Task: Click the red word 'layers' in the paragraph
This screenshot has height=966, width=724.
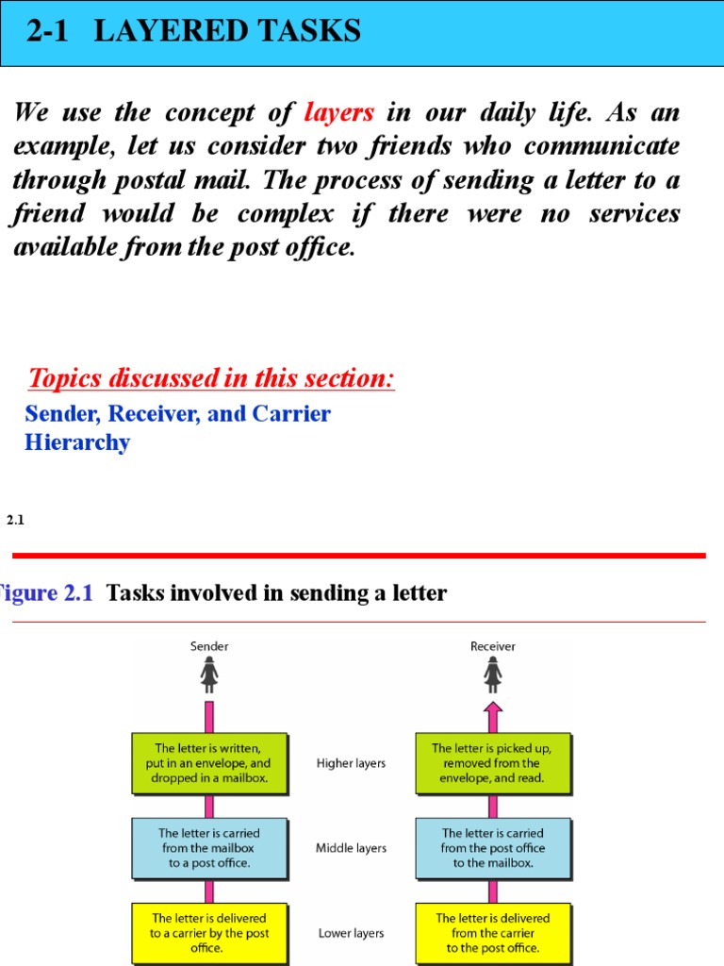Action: point(339,113)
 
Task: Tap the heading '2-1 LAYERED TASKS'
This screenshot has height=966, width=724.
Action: point(193,32)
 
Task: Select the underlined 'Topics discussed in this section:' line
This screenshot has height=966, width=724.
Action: point(211,379)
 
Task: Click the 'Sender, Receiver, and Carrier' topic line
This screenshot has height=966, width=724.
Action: point(177,414)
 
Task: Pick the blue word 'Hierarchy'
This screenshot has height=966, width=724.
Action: point(77,442)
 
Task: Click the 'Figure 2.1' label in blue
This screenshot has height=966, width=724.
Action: point(47,593)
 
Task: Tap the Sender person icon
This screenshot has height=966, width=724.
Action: point(209,675)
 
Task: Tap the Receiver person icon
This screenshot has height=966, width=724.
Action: point(492,675)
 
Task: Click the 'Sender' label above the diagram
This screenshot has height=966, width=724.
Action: point(209,646)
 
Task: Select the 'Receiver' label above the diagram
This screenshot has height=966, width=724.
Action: point(492,646)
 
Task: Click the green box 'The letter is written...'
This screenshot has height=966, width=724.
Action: point(208,763)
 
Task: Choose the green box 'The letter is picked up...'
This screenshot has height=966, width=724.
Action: point(492,763)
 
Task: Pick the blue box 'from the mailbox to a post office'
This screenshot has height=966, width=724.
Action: point(208,848)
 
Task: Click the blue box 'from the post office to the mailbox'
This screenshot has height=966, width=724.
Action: point(492,848)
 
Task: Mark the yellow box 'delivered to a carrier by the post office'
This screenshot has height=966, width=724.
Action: point(208,933)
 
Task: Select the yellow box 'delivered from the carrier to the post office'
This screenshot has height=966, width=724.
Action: point(492,933)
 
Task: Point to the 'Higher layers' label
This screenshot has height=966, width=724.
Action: point(351,763)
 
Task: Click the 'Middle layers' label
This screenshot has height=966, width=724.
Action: point(351,848)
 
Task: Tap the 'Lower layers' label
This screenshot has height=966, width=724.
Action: point(351,933)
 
